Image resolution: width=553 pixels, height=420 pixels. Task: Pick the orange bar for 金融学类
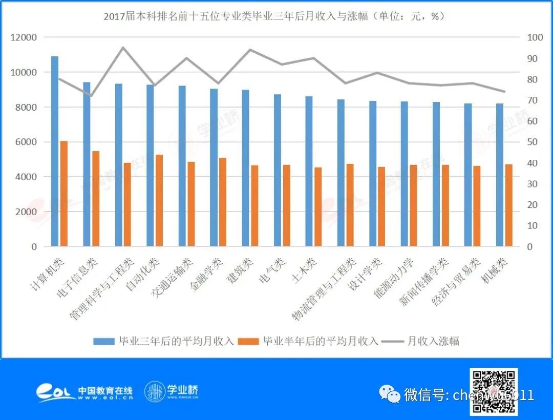pyautogui.click(x=223, y=202)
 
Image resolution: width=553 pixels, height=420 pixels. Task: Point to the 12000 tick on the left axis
pyautogui.click(x=25, y=37)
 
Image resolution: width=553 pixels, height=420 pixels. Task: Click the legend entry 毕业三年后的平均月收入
pyautogui.click(x=163, y=341)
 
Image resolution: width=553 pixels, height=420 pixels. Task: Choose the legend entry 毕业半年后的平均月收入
pyautogui.click(x=309, y=341)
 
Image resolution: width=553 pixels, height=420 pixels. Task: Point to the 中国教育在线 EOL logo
pyautogui.click(x=84, y=392)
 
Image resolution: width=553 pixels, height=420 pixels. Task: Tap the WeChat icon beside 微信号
pyautogui.click(x=390, y=394)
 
